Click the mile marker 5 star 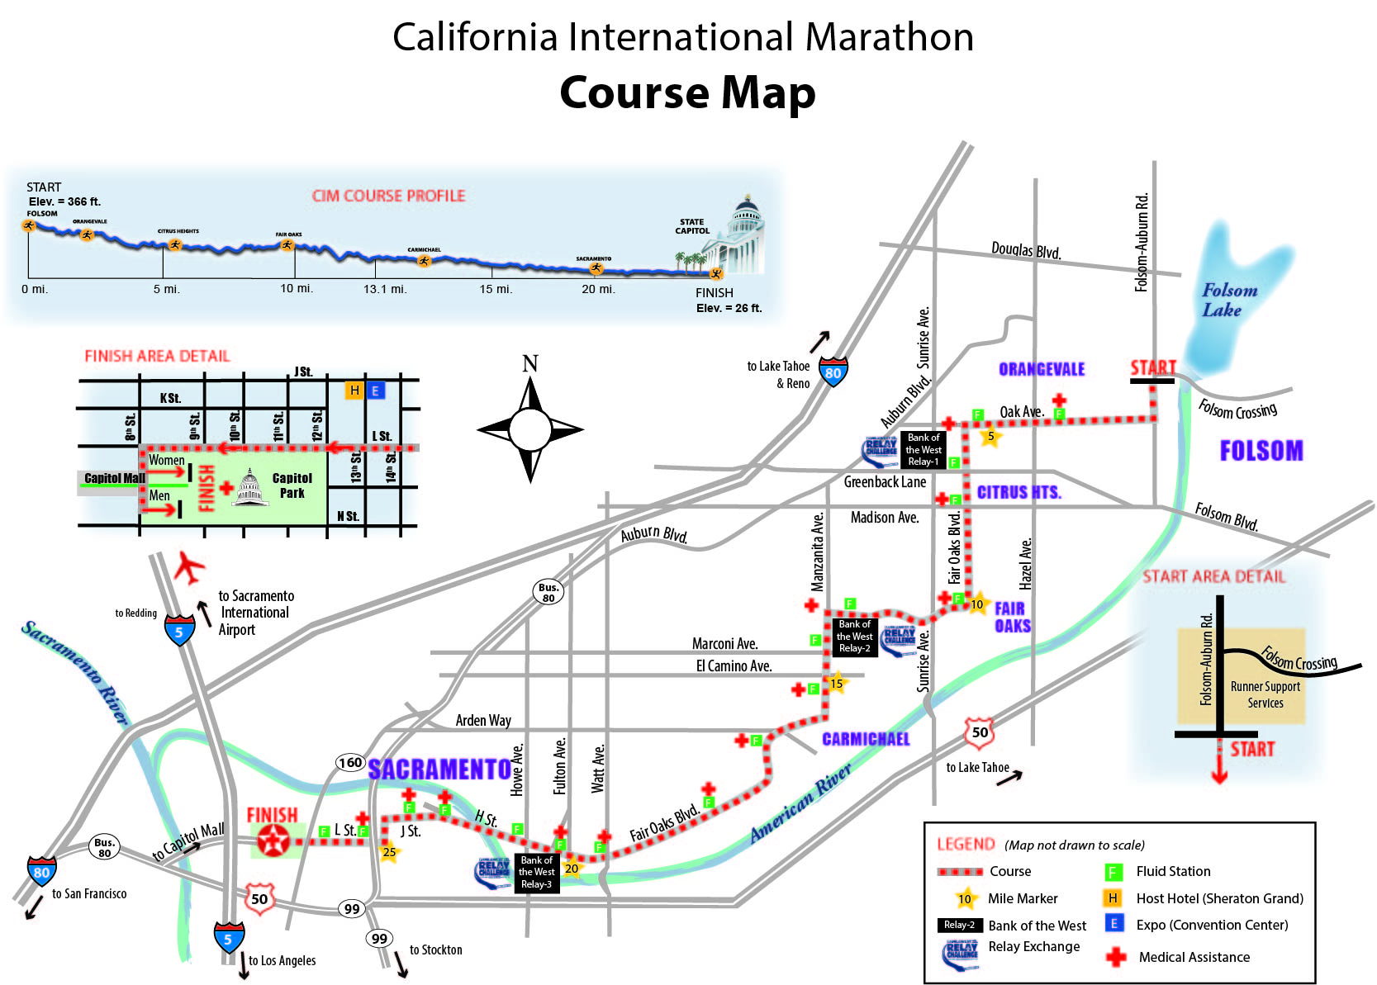pyautogui.click(x=990, y=436)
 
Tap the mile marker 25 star pyautogui.click(x=389, y=852)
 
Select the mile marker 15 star pyautogui.click(x=837, y=683)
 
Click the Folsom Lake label pyautogui.click(x=1228, y=300)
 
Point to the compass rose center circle pyautogui.click(x=529, y=429)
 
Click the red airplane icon pyautogui.click(x=189, y=567)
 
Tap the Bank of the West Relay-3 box pyautogui.click(x=536, y=872)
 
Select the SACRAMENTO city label pyautogui.click(x=439, y=770)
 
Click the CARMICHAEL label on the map pyautogui.click(x=866, y=739)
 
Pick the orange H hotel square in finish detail pyautogui.click(x=354, y=391)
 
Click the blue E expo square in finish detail pyautogui.click(x=375, y=391)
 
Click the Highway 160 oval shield pyautogui.click(x=350, y=762)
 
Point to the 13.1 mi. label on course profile pyautogui.click(x=385, y=289)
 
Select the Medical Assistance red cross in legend pyautogui.click(x=1116, y=957)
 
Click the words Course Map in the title pyautogui.click(x=687, y=92)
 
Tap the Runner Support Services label pyautogui.click(x=1265, y=694)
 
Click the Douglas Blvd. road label pyautogui.click(x=1026, y=249)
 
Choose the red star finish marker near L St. pyautogui.click(x=272, y=841)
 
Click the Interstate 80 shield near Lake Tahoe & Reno pyautogui.click(x=833, y=372)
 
